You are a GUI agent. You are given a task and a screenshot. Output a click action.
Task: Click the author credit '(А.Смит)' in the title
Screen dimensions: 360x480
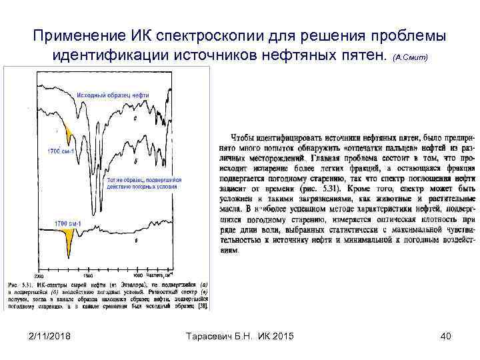415,59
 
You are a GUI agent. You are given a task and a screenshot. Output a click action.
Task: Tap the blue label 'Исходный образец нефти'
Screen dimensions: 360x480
113,95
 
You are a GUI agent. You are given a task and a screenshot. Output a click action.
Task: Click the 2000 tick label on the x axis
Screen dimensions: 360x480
39,275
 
